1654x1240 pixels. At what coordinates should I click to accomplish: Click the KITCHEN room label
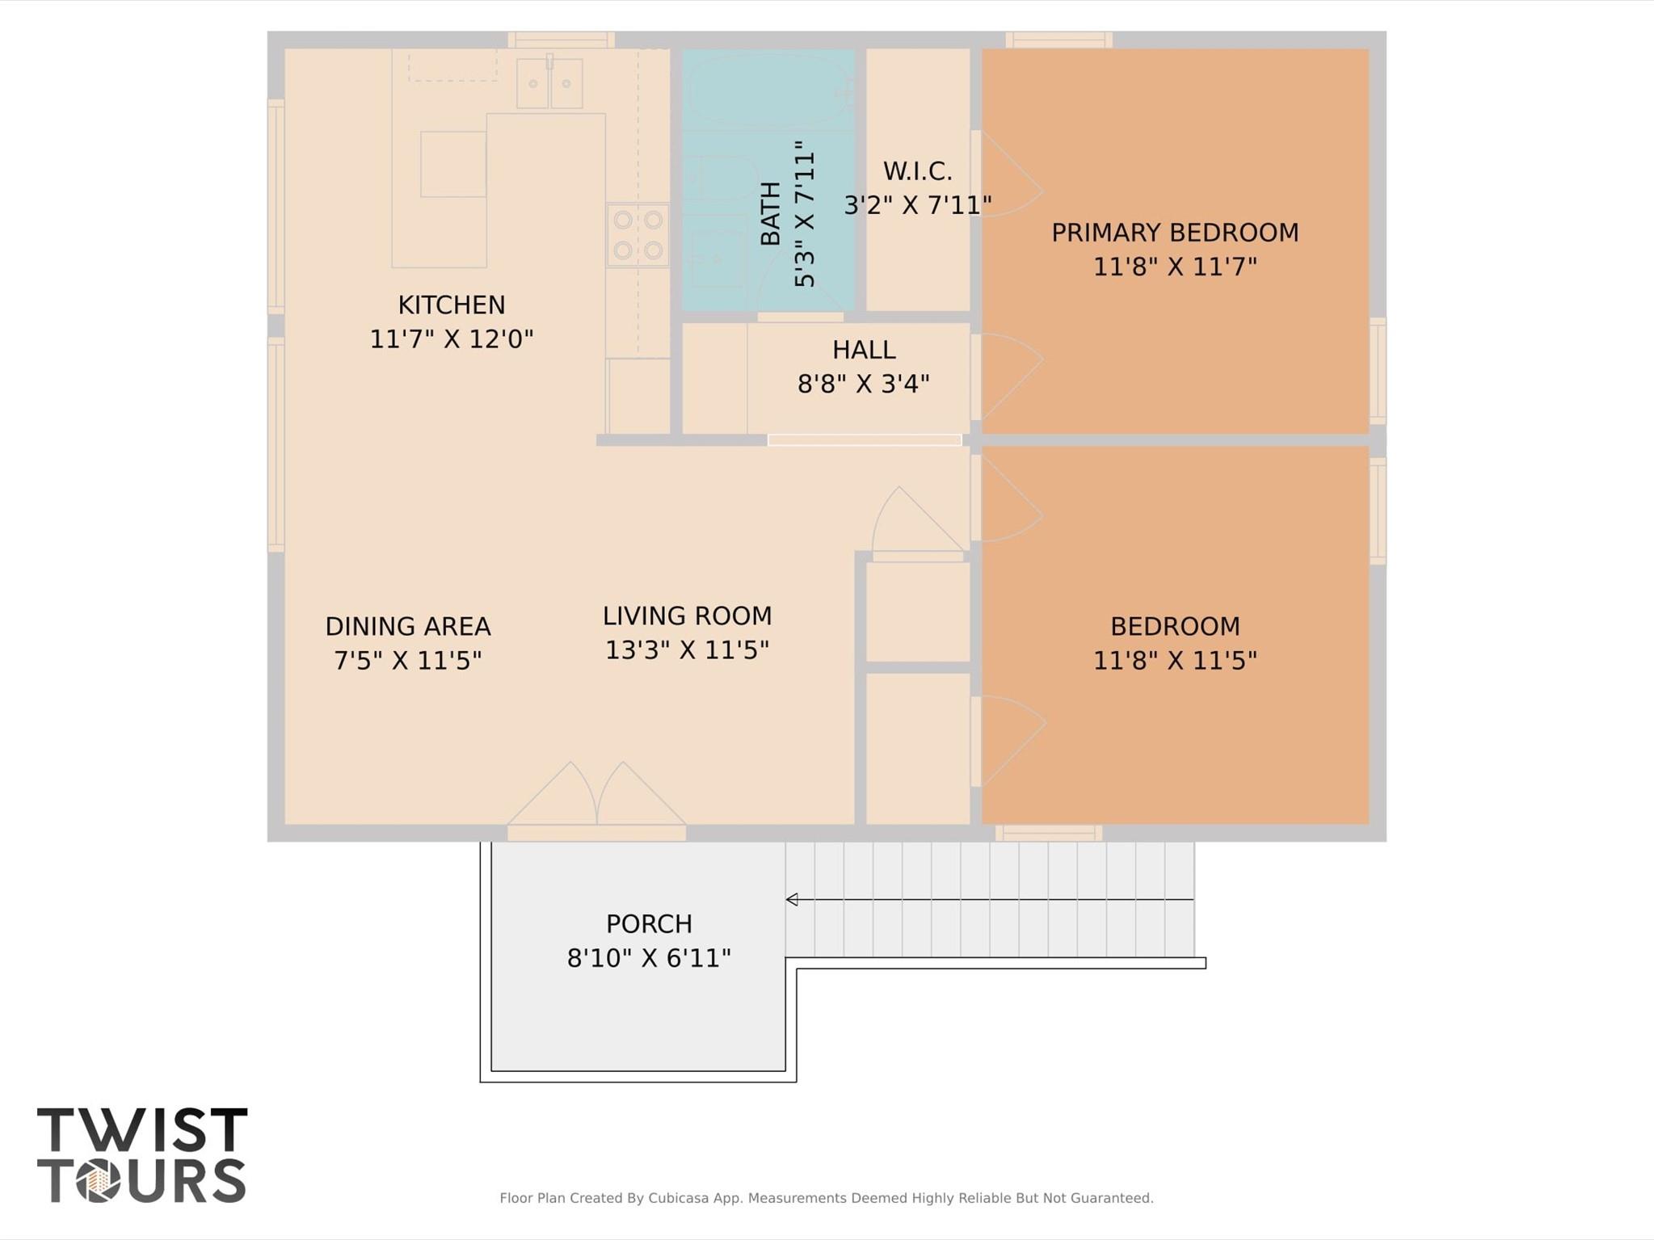coord(451,305)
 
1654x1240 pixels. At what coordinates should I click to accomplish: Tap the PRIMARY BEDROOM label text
coord(1175,233)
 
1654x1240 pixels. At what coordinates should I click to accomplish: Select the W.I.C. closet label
coord(917,171)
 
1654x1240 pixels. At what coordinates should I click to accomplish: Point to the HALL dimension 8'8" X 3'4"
coord(864,383)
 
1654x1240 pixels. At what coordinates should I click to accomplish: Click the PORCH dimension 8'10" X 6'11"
coord(649,958)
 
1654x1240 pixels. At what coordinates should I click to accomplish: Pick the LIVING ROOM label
coord(687,616)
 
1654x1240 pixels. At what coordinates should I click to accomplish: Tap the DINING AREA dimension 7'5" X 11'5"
coord(407,661)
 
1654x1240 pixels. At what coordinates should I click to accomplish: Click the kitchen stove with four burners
coord(638,235)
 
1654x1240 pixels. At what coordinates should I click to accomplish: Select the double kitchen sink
coord(549,82)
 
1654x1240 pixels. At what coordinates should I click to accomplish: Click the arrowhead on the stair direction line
coord(792,899)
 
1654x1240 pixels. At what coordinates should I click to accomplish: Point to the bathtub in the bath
coord(768,89)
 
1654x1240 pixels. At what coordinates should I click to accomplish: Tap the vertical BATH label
coord(771,213)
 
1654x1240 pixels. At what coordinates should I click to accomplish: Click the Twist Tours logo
coord(142,1154)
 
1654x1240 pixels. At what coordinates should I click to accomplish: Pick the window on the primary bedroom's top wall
coord(1058,40)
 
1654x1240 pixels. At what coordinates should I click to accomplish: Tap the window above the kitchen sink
coord(561,40)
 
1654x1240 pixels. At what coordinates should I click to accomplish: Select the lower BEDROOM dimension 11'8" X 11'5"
coord(1175,661)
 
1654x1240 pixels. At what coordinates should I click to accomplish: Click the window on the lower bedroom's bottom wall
coord(1049,833)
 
